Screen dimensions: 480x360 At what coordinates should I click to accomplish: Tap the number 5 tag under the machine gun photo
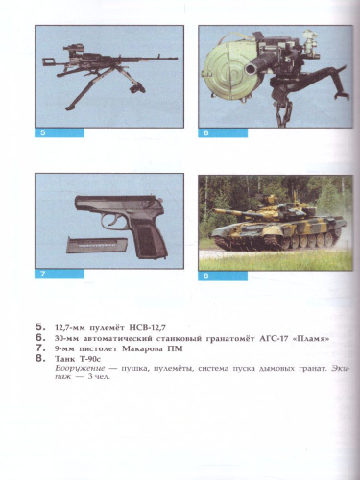click(x=43, y=132)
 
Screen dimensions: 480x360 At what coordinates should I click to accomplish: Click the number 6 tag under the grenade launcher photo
click(x=205, y=132)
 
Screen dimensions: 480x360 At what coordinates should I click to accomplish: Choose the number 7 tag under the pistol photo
click(x=43, y=275)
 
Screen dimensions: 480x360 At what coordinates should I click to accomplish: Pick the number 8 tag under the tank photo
click(x=205, y=276)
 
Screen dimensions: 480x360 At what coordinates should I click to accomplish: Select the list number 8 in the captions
click(x=39, y=358)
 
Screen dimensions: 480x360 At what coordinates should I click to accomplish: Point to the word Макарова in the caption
click(x=143, y=348)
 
